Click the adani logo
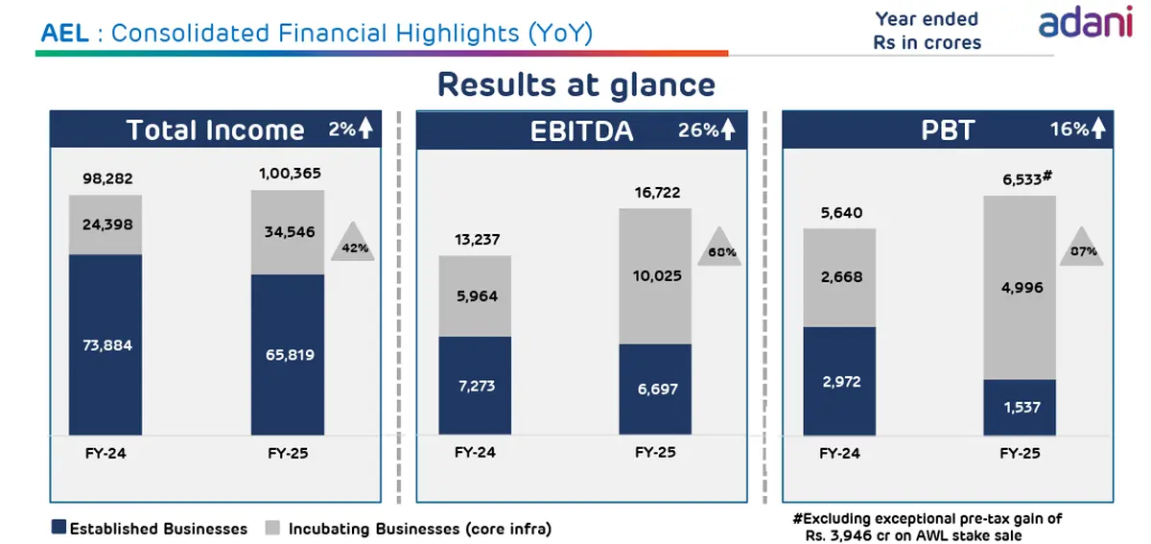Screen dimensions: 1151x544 [x=1085, y=22]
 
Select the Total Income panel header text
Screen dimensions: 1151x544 [x=215, y=130]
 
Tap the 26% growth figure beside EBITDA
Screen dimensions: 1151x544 [x=698, y=130]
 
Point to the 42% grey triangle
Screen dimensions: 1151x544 [x=353, y=242]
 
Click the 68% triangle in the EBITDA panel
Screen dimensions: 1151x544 [x=719, y=247]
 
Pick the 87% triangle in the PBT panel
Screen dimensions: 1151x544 [x=1082, y=247]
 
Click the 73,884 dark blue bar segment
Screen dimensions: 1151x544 [x=106, y=344]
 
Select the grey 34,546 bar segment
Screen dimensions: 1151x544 [x=288, y=232]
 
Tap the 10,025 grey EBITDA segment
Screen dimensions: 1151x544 [x=655, y=276]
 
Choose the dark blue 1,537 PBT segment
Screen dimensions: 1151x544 [x=1020, y=407]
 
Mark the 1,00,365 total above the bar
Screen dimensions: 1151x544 [x=290, y=174]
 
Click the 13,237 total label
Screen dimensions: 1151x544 [x=477, y=240]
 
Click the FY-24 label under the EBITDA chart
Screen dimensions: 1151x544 [x=475, y=452]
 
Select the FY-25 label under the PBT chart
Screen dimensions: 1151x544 [x=1020, y=453]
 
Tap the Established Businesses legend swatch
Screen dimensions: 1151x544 [x=59, y=527]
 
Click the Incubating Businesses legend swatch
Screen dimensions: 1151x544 [x=272, y=528]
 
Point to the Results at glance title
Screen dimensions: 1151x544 [x=576, y=84]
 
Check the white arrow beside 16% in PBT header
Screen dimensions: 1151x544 [x=1098, y=129]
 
